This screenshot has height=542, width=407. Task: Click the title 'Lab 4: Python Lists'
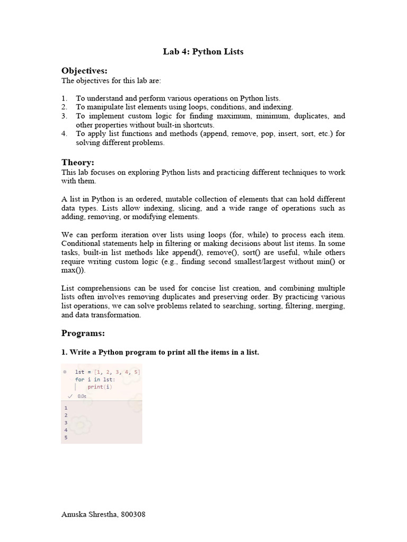[x=203, y=52]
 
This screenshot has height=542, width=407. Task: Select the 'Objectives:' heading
[x=84, y=71]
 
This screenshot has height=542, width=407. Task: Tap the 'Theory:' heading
[x=77, y=163]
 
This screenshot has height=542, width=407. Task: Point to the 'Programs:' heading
[x=83, y=333]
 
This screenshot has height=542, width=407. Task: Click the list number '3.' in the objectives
[x=64, y=116]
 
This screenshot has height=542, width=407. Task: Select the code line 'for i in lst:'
[x=95, y=380]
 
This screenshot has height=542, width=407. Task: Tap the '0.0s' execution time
[x=82, y=396]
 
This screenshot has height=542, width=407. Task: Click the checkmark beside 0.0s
[x=70, y=396]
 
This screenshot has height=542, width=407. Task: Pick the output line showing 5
[x=66, y=438]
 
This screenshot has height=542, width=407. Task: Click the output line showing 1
[x=66, y=408]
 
